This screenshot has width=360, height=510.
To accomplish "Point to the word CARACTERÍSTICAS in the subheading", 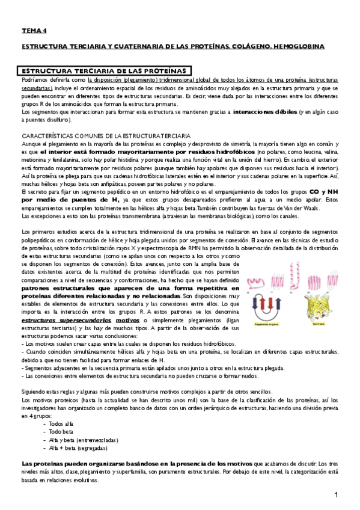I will (46, 137).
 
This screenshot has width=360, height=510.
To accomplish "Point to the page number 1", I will (338, 495).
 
